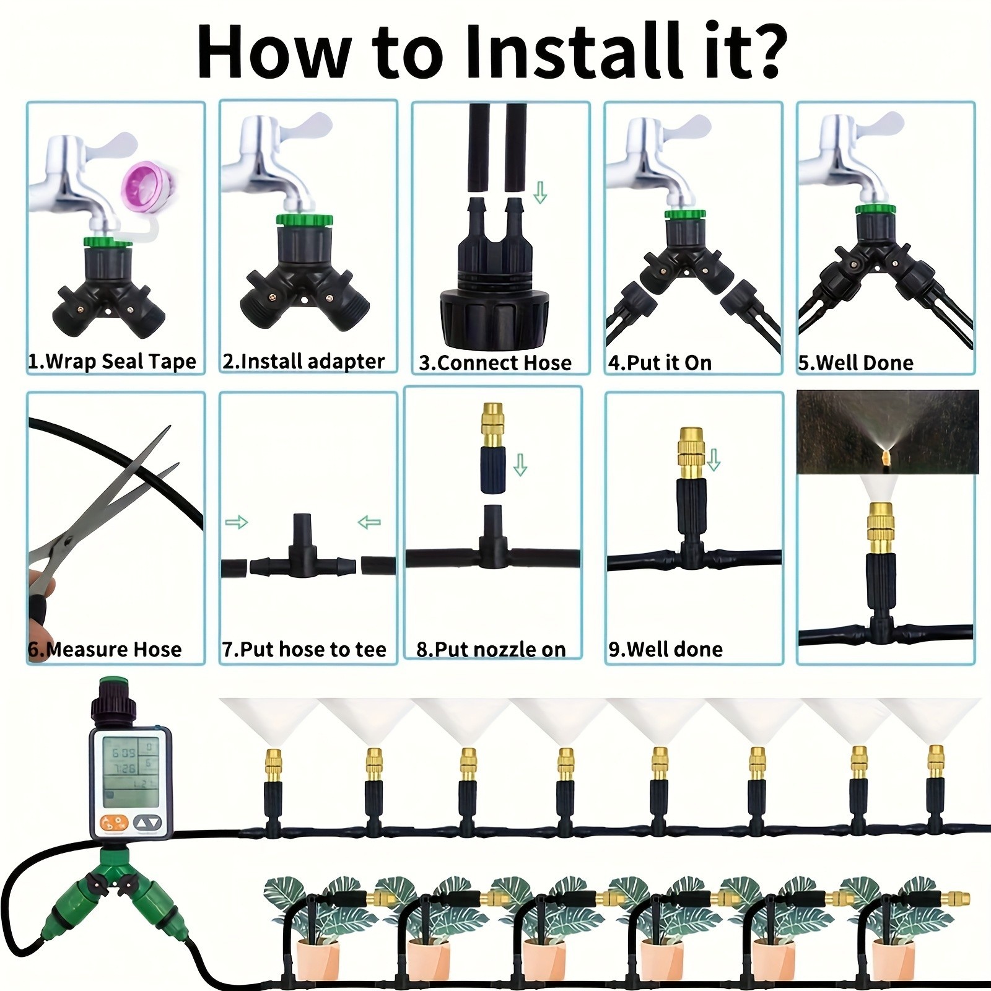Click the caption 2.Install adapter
point(303,362)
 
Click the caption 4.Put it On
point(660,363)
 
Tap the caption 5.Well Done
point(855,363)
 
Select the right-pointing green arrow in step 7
point(236,522)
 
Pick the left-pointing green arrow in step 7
point(369,523)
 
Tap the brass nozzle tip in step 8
point(493,419)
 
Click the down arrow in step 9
point(714,460)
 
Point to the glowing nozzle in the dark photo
point(884,457)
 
